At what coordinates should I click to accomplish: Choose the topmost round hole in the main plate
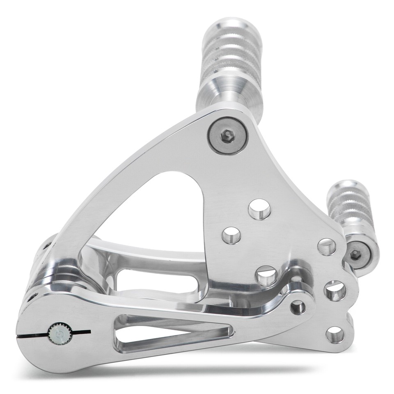[259, 209]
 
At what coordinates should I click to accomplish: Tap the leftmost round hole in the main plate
[231, 235]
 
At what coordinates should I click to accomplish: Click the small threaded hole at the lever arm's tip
[298, 306]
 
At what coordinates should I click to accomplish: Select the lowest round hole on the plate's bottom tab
[335, 334]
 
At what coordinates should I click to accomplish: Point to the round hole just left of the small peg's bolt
[327, 247]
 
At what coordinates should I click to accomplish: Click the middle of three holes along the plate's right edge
[335, 291]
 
